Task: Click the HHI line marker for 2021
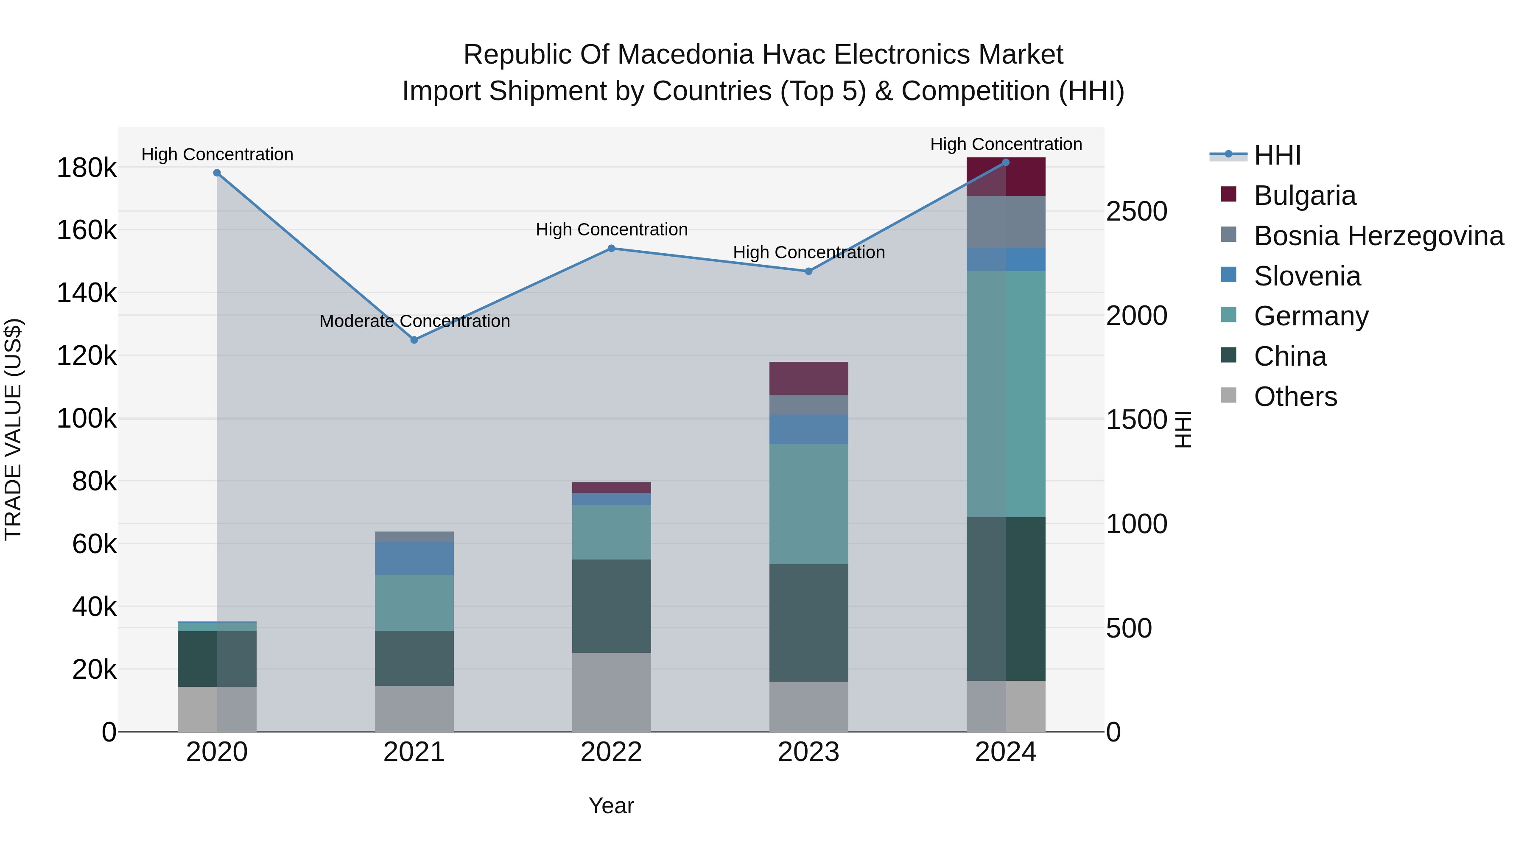pyautogui.click(x=414, y=340)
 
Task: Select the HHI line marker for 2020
pyautogui.click(x=217, y=173)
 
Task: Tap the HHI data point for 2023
pyautogui.click(x=808, y=271)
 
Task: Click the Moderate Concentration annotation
pyautogui.click(x=414, y=321)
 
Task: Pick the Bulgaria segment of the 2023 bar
pyautogui.click(x=808, y=378)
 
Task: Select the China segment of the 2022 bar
pyautogui.click(x=611, y=606)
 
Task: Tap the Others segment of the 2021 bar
pyautogui.click(x=414, y=708)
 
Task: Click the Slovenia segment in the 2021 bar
pyautogui.click(x=414, y=558)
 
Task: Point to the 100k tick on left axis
pyautogui.click(x=87, y=419)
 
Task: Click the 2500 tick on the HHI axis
pyautogui.click(x=1136, y=212)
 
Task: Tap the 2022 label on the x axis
pyautogui.click(x=611, y=752)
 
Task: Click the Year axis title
pyautogui.click(x=611, y=806)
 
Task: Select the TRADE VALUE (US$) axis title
pyautogui.click(x=13, y=429)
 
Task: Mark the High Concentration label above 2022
pyautogui.click(x=611, y=229)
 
